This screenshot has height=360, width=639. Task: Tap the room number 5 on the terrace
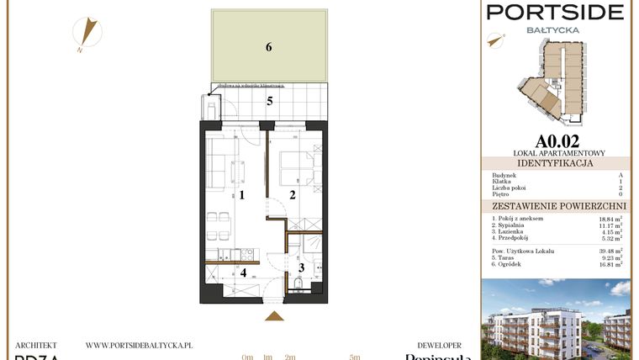270,102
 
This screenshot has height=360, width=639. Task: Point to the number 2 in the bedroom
291,195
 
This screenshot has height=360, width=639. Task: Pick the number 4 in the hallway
243,272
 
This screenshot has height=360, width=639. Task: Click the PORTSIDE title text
557,12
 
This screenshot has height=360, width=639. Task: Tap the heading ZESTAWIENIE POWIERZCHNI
557,205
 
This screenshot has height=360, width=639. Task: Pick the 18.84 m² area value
610,219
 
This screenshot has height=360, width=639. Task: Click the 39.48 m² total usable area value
610,251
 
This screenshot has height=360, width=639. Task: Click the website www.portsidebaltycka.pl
140,345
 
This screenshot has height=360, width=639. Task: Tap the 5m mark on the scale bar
355,357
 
